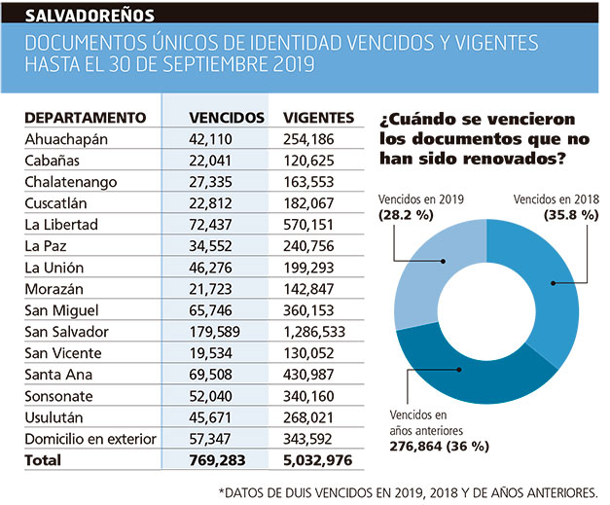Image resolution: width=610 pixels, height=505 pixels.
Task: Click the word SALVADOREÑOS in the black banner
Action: [x=90, y=16]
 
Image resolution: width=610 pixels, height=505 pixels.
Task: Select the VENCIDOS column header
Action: [x=227, y=118]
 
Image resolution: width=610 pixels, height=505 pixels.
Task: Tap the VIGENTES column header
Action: [x=318, y=118]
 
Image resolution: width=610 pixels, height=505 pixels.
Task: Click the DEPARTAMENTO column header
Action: [x=86, y=118]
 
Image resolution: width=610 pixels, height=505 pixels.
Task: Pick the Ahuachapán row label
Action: [x=66, y=140]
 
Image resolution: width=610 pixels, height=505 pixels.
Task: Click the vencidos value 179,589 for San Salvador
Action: [x=214, y=332]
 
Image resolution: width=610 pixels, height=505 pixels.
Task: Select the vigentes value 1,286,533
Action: [x=314, y=332]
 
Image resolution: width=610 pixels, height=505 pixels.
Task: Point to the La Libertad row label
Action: [x=61, y=225]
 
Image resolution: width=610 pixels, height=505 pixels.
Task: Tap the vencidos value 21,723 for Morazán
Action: [x=210, y=289]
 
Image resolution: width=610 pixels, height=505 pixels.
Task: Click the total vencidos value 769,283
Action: [x=217, y=460]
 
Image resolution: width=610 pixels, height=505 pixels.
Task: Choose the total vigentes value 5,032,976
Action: [x=317, y=460]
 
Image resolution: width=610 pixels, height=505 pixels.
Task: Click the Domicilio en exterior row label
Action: [x=90, y=439]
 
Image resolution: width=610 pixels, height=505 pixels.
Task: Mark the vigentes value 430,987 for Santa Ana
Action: [x=308, y=375]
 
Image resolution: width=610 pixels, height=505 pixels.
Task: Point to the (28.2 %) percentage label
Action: [x=406, y=215]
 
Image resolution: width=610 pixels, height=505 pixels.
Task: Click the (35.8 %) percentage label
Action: [x=571, y=215]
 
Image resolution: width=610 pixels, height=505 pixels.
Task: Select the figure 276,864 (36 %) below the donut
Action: [x=439, y=447]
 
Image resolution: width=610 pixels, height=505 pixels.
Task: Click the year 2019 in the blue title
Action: [x=294, y=64]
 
